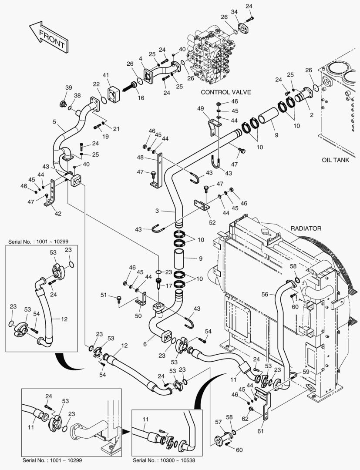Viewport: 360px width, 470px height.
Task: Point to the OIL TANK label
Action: [x=335, y=160]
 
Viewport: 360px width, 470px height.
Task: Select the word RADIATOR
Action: [x=306, y=228]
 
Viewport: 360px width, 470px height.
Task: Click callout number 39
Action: [x=68, y=88]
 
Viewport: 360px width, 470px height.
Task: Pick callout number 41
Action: [x=106, y=75]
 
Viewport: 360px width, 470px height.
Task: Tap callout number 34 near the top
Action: [x=234, y=12]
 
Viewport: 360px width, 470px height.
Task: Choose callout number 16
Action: [x=141, y=98]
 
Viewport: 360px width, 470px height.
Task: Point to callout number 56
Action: [x=265, y=294]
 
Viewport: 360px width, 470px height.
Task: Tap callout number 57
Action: [x=218, y=422]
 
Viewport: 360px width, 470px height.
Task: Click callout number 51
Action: [x=103, y=295]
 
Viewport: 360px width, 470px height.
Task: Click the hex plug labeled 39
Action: [x=64, y=104]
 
